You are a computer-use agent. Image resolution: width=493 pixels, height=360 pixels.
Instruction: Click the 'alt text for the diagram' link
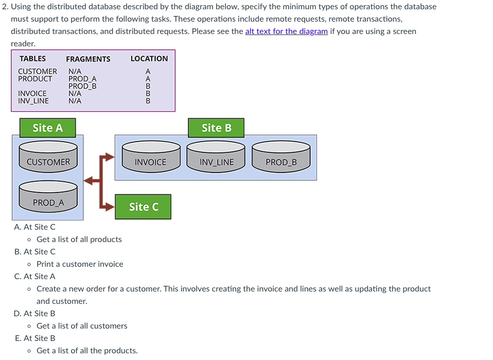pos(287,31)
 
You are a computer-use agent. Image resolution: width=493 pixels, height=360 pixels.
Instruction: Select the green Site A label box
pos(47,128)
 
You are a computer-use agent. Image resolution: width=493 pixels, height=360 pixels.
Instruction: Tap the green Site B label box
pos(216,128)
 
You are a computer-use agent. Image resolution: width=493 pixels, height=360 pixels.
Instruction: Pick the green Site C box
pos(143,207)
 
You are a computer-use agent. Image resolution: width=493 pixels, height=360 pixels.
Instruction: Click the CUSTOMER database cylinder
pos(48,157)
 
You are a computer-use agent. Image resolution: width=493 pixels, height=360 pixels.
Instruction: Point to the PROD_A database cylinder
pos(48,197)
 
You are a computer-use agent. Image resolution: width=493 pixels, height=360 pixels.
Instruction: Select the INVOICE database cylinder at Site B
pos(151,157)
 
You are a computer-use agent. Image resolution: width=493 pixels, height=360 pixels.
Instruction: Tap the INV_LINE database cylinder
pos(216,157)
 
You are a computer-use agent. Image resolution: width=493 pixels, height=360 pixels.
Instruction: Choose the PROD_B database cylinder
pos(281,157)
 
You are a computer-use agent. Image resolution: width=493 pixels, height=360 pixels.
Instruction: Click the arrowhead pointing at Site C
pos(110,207)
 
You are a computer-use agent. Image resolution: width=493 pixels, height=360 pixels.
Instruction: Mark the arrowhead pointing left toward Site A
pos(89,181)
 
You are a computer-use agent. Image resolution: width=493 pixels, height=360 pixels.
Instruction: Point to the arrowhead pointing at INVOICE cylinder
pos(110,157)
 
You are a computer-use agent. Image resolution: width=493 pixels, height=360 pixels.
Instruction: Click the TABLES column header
pos(33,59)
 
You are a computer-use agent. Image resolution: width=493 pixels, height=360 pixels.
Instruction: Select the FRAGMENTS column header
pos(88,59)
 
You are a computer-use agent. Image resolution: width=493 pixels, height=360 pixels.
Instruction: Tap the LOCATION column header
pos(149,59)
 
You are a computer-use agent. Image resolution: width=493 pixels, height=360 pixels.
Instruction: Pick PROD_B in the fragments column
pos(82,86)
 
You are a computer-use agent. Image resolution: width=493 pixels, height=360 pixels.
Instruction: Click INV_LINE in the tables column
pos(33,101)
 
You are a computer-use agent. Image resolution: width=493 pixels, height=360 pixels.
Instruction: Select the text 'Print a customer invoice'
pos(80,264)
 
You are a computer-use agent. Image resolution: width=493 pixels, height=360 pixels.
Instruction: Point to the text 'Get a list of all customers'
pos(82,325)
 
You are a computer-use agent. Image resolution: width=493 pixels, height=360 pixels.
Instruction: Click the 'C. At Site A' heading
pos(34,276)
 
